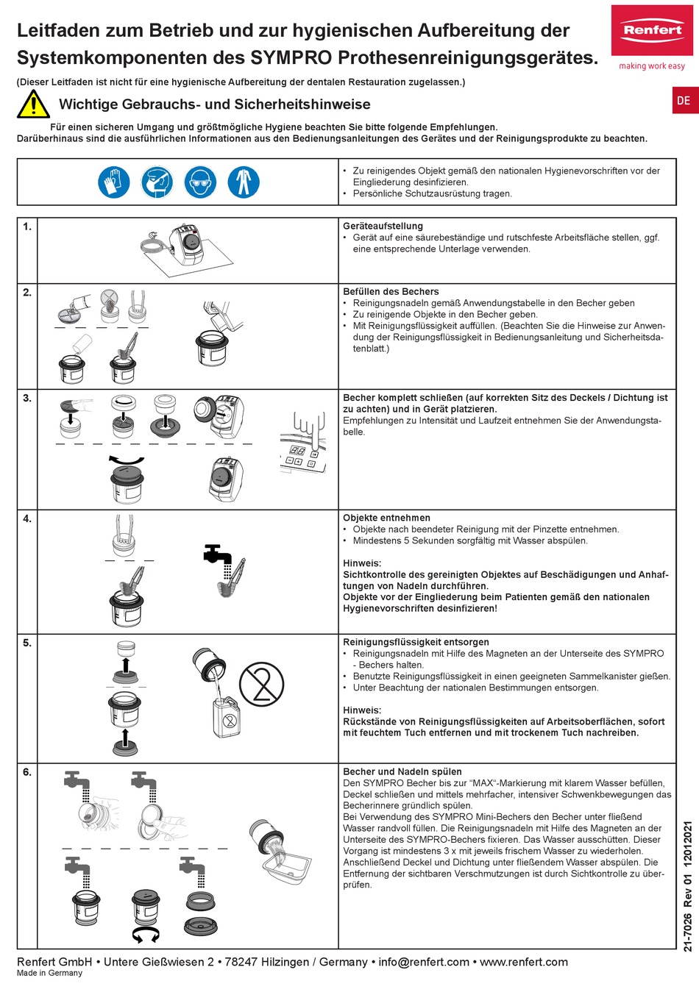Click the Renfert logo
tap(652, 32)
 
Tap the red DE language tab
tap(684, 101)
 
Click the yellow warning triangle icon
tap(33, 104)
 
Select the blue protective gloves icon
tap(113, 182)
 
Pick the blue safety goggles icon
tap(201, 182)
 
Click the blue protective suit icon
tap(244, 182)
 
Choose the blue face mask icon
tap(157, 182)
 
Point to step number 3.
tap(27, 398)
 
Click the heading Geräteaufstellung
tap(383, 226)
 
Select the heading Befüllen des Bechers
tap(391, 291)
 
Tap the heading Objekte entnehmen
tap(386, 518)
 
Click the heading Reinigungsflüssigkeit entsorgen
tap(416, 642)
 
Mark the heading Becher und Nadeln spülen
tap(402, 771)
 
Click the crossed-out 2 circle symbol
tap(261, 684)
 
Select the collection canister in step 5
tap(227, 717)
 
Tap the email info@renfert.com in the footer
tap(424, 962)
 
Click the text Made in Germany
tap(49, 973)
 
